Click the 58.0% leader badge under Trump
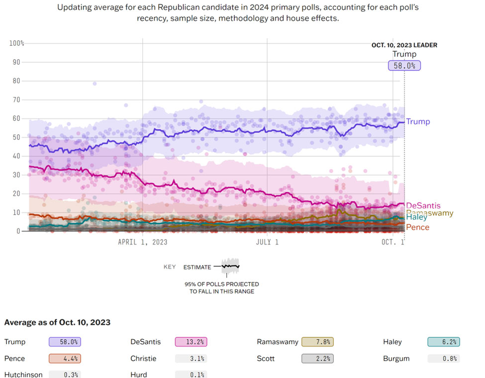click(404, 65)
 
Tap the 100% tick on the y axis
click(16, 43)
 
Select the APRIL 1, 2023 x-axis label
click(142, 242)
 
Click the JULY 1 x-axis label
click(267, 242)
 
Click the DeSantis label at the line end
click(423, 206)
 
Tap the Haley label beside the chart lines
click(416, 217)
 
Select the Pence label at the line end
click(417, 227)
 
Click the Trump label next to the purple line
click(418, 122)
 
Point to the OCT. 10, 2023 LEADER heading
click(404, 45)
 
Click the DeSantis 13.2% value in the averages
click(191, 342)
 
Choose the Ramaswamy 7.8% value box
click(317, 342)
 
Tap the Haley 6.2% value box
click(444, 342)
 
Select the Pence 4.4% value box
click(65, 358)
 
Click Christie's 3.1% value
click(191, 358)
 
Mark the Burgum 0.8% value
click(444, 358)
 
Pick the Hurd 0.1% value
click(191, 375)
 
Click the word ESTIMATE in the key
click(197, 267)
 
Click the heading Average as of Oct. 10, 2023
click(57, 322)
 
